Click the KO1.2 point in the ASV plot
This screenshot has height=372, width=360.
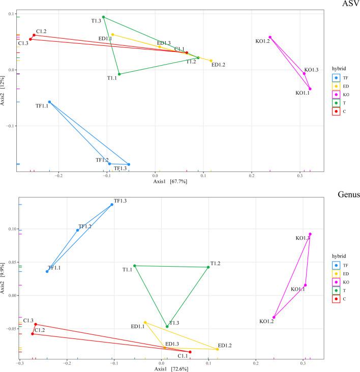pos(270,37)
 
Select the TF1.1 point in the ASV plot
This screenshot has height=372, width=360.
pos(49,102)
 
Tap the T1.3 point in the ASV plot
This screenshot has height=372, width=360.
pos(104,17)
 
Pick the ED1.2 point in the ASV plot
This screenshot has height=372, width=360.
pos(211,61)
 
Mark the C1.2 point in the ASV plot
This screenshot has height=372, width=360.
pos(34,35)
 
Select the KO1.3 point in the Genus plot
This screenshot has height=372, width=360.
pos(310,234)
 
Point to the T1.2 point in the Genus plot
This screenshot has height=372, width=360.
pos(208,267)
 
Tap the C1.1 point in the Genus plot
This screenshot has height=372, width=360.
pos(190,352)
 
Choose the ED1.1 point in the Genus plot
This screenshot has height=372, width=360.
pos(145,322)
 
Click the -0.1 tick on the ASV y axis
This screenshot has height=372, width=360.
pos(11,126)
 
